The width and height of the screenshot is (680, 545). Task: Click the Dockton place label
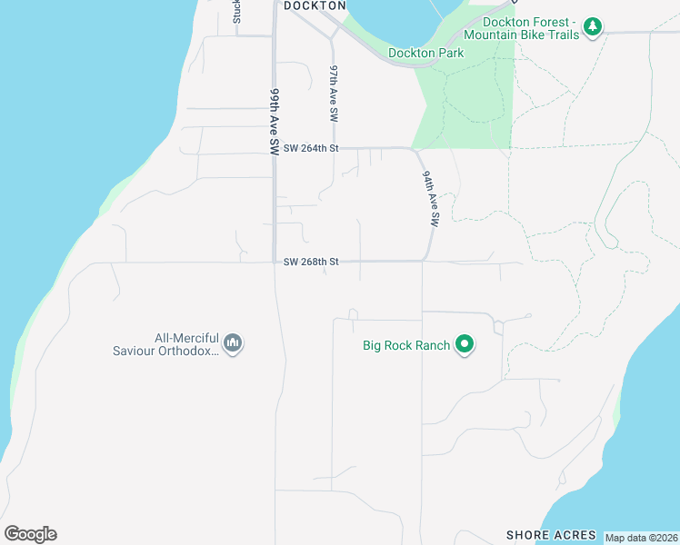pos(315,5)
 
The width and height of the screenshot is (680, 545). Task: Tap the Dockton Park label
pos(425,53)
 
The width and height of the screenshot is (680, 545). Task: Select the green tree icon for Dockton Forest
pos(593,26)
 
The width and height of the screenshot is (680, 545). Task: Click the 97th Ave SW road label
pos(334,94)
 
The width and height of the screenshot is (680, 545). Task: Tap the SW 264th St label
pos(311,147)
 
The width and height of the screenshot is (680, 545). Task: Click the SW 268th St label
pos(311,262)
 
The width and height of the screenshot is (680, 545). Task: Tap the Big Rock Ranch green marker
pos(465,344)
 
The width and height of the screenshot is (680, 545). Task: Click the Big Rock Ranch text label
pos(405,345)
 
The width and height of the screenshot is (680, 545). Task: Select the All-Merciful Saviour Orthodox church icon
pos(233,343)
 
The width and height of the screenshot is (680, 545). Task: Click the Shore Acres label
pos(551,535)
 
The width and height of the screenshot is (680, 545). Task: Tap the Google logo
pos(30,534)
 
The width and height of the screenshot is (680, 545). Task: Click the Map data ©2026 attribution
pos(641,538)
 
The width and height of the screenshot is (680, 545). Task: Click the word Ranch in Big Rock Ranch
pos(432,345)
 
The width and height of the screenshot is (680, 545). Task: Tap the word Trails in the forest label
pos(562,35)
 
